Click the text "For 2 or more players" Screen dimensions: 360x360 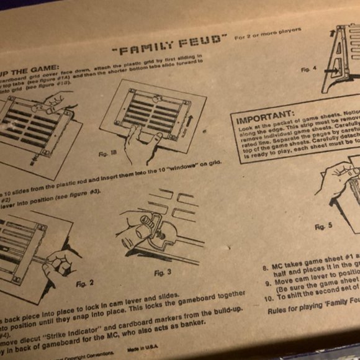click(x=268, y=33)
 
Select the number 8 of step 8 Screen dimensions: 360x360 click(x=264, y=269)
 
